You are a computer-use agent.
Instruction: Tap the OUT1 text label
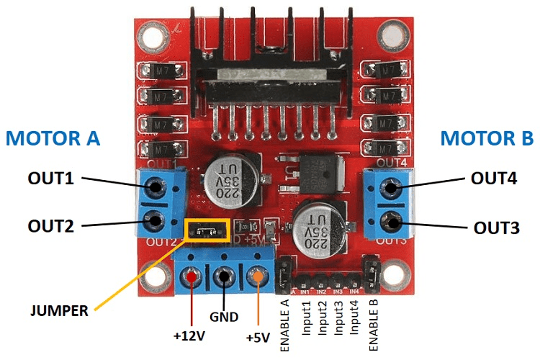(51, 178)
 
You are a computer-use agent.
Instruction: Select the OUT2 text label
(51, 226)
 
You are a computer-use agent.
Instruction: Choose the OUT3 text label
(495, 228)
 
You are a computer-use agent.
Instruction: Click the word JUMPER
(58, 311)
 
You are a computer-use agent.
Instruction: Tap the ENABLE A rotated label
(284, 324)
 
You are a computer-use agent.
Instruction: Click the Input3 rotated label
(337, 317)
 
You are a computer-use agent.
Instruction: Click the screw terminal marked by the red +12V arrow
(192, 276)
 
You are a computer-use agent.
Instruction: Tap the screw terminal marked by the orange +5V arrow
(257, 276)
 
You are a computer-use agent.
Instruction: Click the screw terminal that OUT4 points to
(390, 189)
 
